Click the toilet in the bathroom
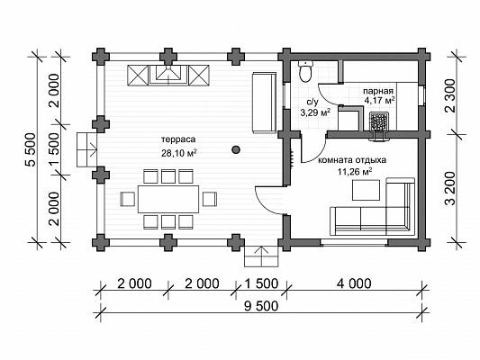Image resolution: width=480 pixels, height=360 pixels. coord(305,71)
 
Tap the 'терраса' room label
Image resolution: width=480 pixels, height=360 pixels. coord(178,139)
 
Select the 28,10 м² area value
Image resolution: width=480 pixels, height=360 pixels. coord(179,153)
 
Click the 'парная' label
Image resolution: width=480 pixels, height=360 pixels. coord(377,91)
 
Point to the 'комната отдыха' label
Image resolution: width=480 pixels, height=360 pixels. coord(352,160)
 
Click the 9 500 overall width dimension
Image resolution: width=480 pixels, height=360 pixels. coord(261,306)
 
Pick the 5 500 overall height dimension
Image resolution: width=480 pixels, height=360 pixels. coord(31,149)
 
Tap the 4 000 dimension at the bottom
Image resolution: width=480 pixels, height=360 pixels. coord(354,283)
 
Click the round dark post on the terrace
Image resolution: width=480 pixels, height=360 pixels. coord(236,149)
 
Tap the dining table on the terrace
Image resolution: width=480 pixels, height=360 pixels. coord(168,199)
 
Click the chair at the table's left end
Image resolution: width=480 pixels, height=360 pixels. coord(128,199)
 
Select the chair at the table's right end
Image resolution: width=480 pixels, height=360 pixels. coord(210,199)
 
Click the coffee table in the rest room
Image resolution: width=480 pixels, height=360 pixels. coord(367,190)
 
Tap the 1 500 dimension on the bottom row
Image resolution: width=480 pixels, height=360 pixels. coord(261,283)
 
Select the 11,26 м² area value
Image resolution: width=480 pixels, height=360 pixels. coord(355,172)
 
